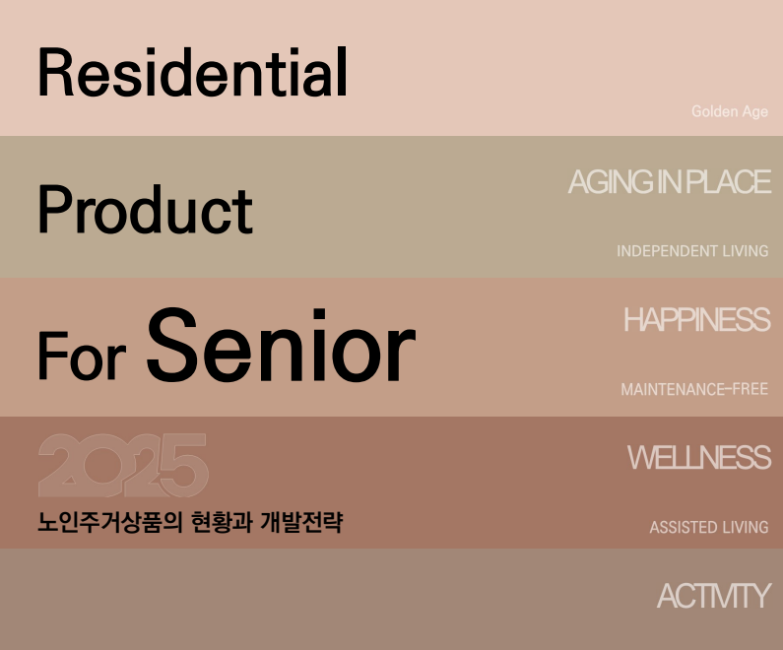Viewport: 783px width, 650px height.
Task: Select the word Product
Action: (x=146, y=209)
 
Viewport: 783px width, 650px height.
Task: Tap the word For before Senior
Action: (x=82, y=356)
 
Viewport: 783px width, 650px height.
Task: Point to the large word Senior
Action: (x=281, y=345)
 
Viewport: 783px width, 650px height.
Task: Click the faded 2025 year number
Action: (x=123, y=465)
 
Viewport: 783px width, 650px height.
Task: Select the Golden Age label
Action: (x=730, y=111)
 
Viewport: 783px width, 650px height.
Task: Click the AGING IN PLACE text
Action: (x=670, y=182)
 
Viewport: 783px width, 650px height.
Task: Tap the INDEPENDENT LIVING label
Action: (x=692, y=250)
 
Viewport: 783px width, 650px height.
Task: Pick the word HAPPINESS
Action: (x=697, y=319)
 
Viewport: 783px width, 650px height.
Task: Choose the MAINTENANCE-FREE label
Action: (x=694, y=389)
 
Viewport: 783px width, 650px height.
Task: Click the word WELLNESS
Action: (x=699, y=457)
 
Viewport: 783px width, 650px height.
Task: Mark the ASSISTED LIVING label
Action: (x=709, y=527)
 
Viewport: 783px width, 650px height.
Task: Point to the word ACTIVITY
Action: (x=714, y=596)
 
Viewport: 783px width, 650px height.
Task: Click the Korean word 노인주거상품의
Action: (x=110, y=522)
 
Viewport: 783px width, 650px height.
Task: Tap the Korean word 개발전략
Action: (x=301, y=522)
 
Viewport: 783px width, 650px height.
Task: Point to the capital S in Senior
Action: (x=171, y=345)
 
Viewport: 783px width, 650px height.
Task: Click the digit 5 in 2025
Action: (x=183, y=465)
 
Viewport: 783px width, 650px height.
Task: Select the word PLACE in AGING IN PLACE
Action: (x=729, y=182)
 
